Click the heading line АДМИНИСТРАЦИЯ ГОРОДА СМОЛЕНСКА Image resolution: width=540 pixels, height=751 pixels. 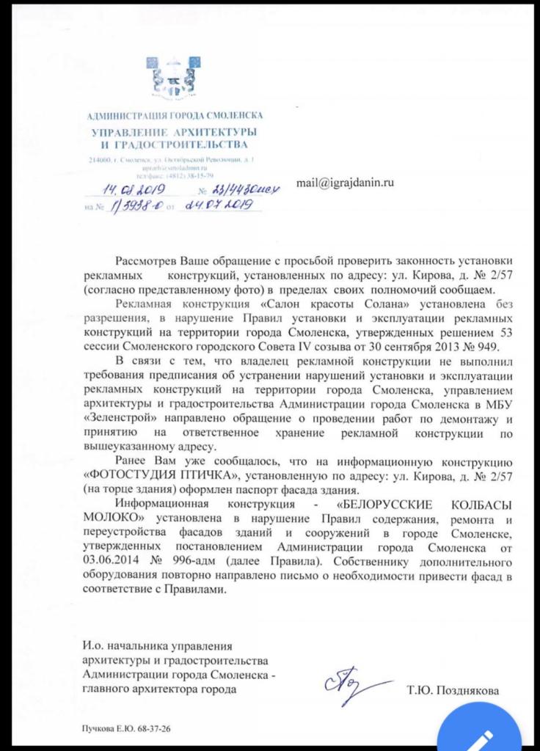tap(174, 116)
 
